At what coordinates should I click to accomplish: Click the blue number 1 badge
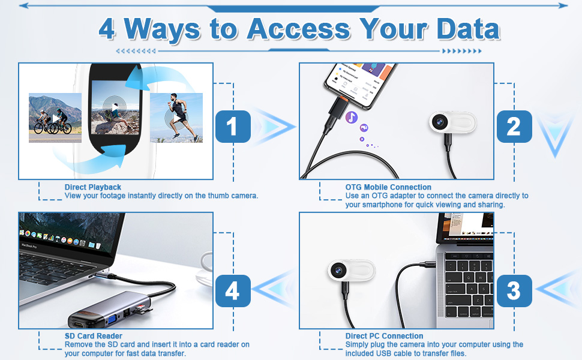click(x=233, y=127)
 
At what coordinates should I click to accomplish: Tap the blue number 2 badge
click(x=514, y=127)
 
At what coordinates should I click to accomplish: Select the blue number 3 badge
click(x=514, y=290)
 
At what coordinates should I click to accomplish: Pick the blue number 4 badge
click(x=233, y=290)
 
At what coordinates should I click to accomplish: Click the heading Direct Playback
click(x=93, y=187)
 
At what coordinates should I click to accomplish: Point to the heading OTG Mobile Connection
click(x=388, y=187)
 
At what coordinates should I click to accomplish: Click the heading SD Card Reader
click(x=94, y=336)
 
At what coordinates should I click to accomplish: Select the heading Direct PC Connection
click(x=384, y=336)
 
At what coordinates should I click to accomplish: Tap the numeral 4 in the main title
click(x=107, y=29)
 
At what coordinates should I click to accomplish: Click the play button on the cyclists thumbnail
click(x=55, y=118)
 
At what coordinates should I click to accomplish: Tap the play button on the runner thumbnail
click(x=176, y=118)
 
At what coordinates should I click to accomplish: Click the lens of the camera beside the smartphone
click(x=439, y=121)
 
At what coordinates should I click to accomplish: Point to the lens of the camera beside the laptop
click(x=338, y=270)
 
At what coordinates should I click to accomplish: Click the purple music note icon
click(x=352, y=117)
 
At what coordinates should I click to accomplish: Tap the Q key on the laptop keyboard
click(x=469, y=277)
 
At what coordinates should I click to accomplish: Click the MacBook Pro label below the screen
click(x=29, y=245)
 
